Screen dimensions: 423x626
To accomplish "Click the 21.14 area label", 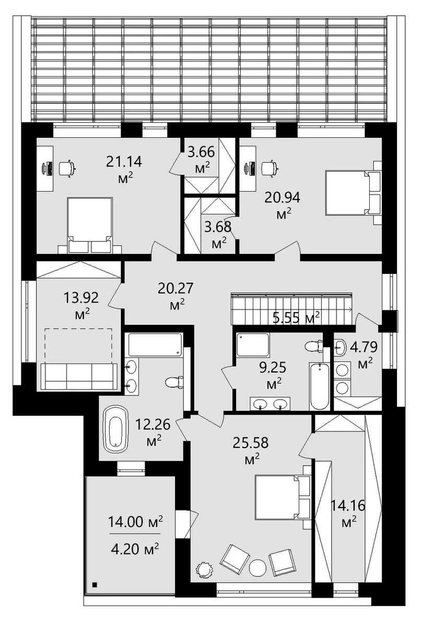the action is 124,162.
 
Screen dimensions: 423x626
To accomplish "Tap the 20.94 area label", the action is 283,198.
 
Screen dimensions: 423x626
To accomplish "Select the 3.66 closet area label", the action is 201,152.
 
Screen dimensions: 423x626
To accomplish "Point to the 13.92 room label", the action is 81,298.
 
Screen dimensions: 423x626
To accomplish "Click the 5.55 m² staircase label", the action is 296,318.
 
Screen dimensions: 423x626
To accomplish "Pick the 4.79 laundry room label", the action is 363,347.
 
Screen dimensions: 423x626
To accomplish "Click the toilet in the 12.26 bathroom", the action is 174,382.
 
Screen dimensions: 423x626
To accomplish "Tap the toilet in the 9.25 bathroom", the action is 313,347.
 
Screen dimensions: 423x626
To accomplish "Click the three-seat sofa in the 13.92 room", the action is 79,376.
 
